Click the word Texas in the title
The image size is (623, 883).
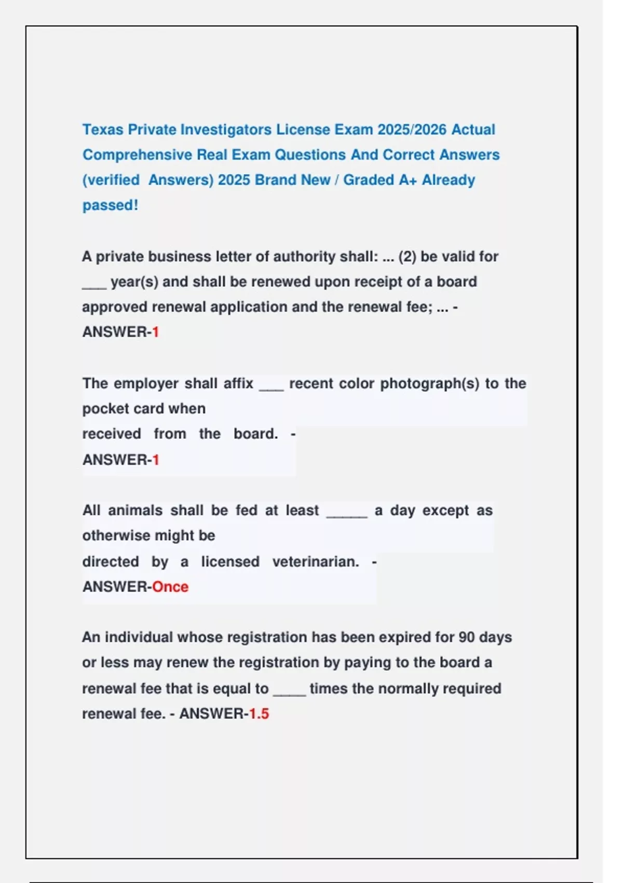(x=103, y=129)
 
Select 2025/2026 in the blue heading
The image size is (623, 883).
(x=412, y=129)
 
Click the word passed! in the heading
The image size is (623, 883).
(x=110, y=205)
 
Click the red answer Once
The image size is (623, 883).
(x=170, y=586)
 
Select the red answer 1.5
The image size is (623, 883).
(x=259, y=714)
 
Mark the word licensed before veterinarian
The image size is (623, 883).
(x=230, y=561)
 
